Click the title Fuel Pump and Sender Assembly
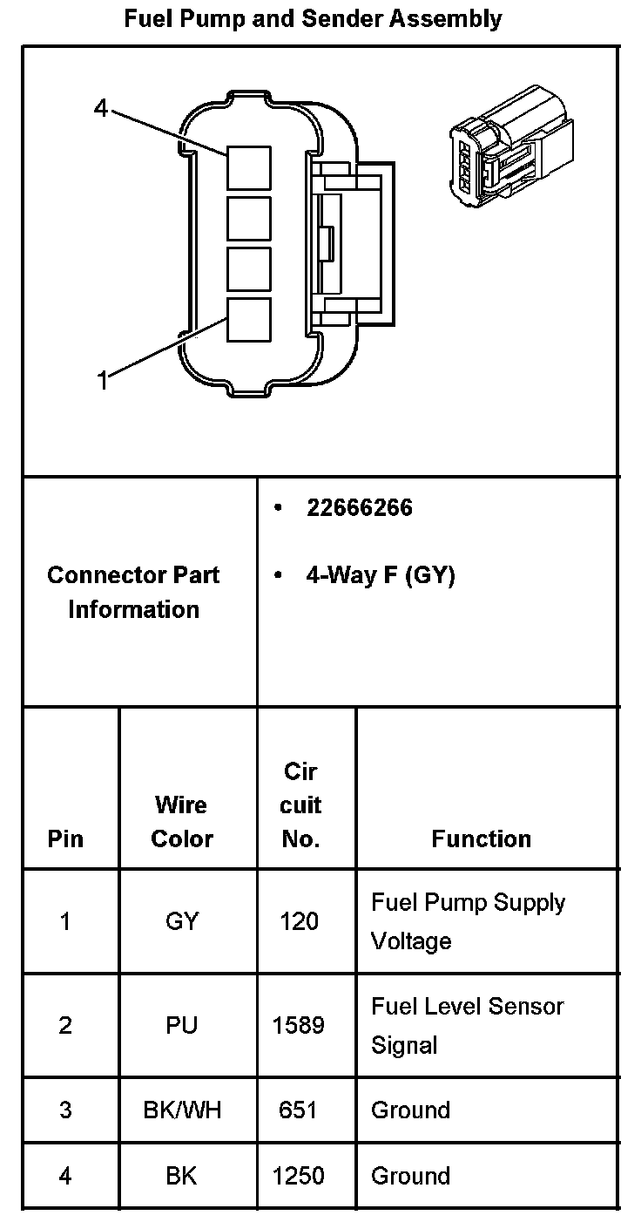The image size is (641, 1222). pos(313,18)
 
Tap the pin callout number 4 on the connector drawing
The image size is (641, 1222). pos(101,109)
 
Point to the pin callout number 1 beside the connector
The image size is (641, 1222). pos(103,380)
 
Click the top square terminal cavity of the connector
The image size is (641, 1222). pos(249,167)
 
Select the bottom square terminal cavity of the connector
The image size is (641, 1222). pos(249,320)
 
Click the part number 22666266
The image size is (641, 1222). pos(359,507)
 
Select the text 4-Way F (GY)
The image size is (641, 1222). pos(380,575)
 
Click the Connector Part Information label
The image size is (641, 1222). pos(133,592)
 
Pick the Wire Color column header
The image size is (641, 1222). pos(182,821)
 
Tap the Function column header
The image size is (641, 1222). pos(481,838)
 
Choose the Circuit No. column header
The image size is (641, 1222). pos(300,804)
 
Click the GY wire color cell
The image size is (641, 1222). pos(182,921)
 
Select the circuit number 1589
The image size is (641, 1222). pos(299,1025)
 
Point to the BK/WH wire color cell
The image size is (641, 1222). pos(182,1110)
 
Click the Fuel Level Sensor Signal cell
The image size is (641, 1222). pos(467,1025)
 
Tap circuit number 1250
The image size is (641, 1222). pos(299,1176)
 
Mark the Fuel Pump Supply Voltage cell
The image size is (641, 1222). pos(468,921)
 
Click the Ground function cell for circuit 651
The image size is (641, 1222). pos(410,1110)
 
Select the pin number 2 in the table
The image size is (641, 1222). pos(65,1025)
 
